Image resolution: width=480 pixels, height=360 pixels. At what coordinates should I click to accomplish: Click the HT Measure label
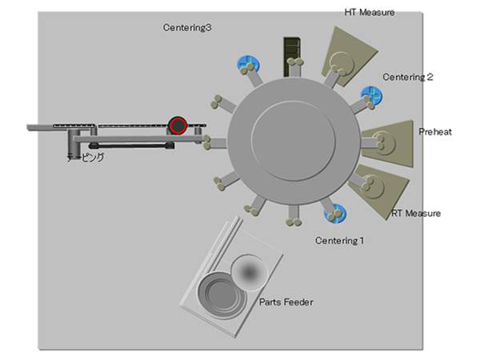369,12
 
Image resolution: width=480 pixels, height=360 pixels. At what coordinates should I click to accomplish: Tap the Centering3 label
187,28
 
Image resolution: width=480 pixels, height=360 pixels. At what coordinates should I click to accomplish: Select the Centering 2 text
407,78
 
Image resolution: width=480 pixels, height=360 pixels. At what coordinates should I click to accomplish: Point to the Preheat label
435,132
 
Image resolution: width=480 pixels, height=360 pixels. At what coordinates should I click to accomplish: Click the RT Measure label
416,214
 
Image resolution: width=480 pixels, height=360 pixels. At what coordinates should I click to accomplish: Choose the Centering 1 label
339,240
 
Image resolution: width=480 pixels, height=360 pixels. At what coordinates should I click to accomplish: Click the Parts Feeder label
286,302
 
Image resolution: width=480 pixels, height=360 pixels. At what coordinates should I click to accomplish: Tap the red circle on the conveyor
177,125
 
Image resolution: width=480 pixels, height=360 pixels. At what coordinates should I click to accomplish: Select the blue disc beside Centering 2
370,96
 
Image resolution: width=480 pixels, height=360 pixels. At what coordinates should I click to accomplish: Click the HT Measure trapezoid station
346,51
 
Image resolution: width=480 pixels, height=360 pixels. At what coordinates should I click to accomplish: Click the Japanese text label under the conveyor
86,158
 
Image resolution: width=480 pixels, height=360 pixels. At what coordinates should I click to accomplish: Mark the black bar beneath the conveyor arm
132,146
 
